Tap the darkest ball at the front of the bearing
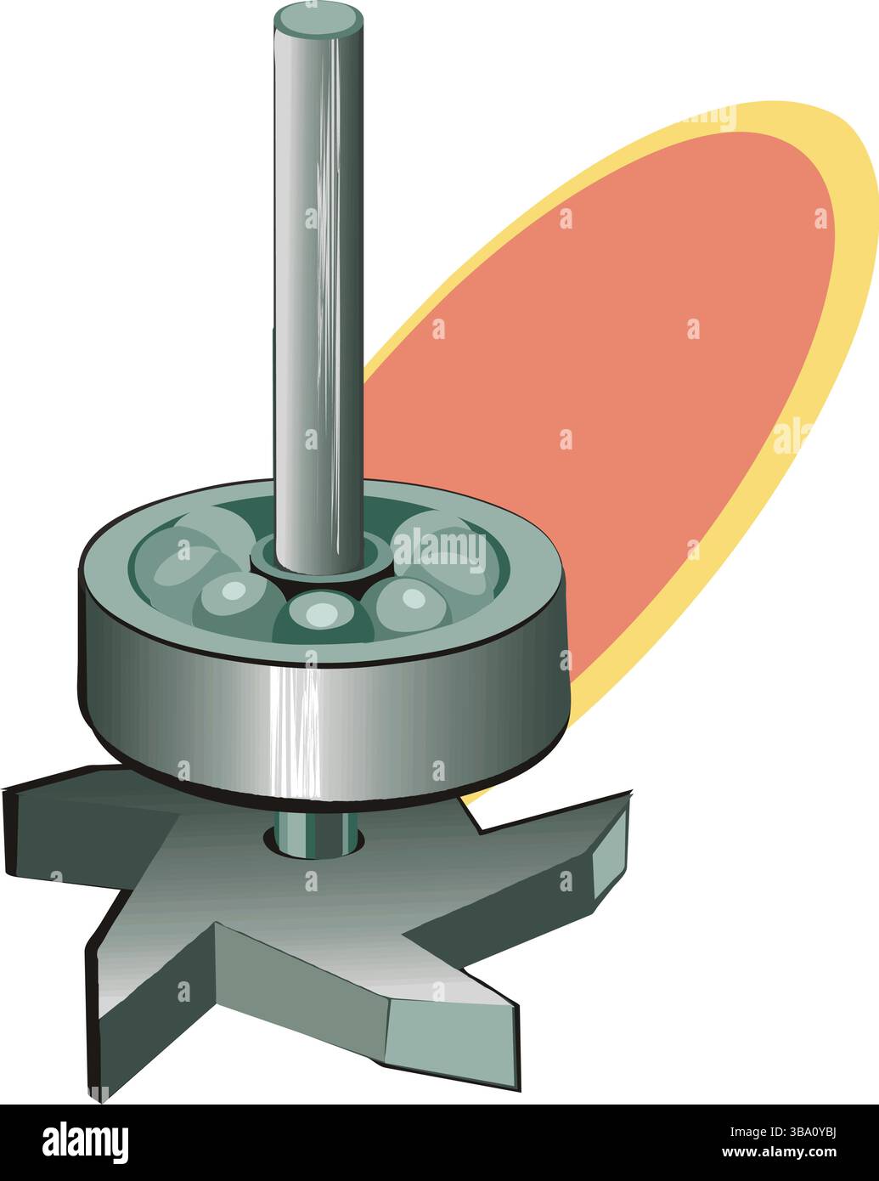coord(321,617)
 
